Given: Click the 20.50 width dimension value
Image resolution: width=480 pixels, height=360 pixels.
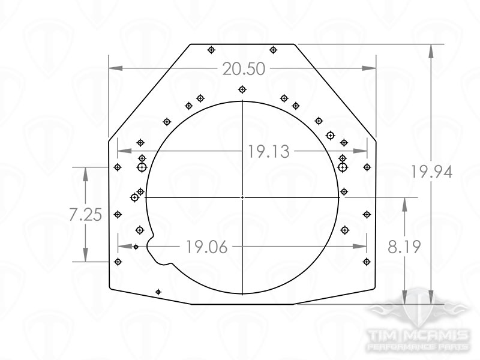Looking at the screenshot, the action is tap(244, 69).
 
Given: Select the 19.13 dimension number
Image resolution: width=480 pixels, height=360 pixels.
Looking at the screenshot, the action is tap(268, 152).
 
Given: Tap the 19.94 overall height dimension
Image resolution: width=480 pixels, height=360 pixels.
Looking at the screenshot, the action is tap(431, 172).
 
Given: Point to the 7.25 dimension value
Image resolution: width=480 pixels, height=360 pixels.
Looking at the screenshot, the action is tap(85, 215).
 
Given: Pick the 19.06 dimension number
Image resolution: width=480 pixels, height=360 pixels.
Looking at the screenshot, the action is tap(207, 247).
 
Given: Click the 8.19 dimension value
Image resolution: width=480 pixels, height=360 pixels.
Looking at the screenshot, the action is tap(404, 247).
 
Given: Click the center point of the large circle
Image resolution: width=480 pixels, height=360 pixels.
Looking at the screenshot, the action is tap(242, 197).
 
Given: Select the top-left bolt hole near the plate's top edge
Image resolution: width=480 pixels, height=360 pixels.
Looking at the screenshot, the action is tap(211, 50).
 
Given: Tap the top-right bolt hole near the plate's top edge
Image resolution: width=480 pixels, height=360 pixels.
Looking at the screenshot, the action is tap(274, 50).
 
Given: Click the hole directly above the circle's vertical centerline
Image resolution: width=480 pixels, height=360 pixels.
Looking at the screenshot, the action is tap(242, 89).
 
